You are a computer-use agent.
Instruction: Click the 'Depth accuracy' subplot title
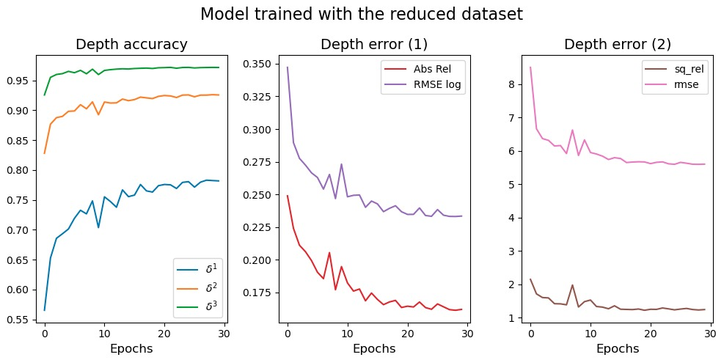[131, 45]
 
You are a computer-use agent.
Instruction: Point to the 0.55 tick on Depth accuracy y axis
[21, 320]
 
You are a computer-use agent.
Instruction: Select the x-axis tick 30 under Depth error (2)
[709, 332]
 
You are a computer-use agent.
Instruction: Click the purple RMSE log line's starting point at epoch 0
[288, 67]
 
